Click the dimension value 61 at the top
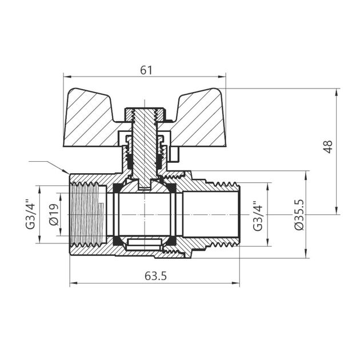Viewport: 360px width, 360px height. [x=146, y=70]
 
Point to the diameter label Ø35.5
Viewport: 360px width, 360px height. [x=298, y=215]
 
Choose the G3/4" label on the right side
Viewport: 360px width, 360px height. [x=258, y=215]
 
